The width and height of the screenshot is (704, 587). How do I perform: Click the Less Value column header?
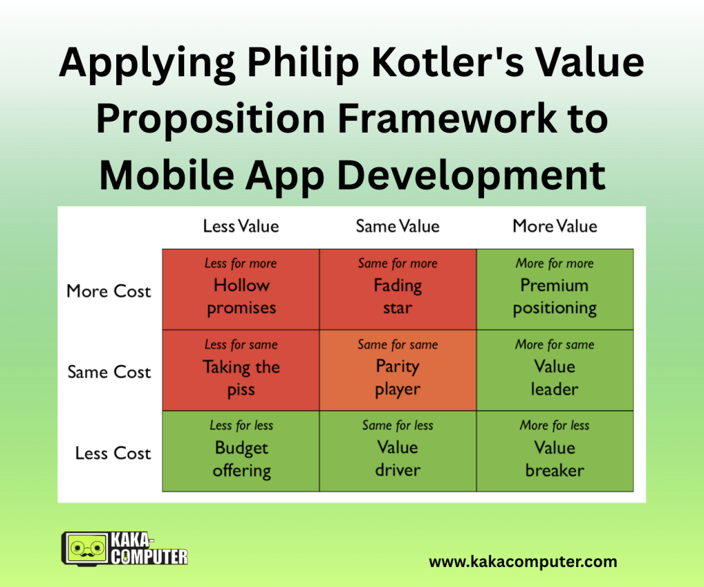pyautogui.click(x=241, y=226)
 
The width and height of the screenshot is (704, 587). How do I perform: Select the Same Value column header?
pyautogui.click(x=398, y=226)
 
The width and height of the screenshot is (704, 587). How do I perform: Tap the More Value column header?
pyautogui.click(x=555, y=226)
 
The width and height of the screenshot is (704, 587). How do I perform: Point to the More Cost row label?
pyautogui.click(x=109, y=291)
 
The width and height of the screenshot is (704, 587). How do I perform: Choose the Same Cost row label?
pyautogui.click(x=109, y=372)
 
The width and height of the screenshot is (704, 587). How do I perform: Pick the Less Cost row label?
pyautogui.click(x=113, y=453)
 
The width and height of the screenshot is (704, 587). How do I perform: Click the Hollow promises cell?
pyautogui.click(x=241, y=289)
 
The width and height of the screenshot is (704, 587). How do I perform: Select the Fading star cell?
pyautogui.click(x=398, y=289)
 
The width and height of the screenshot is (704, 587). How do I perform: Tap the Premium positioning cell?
pyautogui.click(x=555, y=289)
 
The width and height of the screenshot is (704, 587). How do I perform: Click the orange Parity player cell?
pyautogui.click(x=398, y=370)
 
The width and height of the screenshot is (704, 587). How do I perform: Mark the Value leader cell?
pyautogui.click(x=555, y=370)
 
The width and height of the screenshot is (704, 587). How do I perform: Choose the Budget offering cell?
pyautogui.click(x=241, y=451)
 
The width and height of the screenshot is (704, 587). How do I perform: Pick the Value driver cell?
pyautogui.click(x=398, y=451)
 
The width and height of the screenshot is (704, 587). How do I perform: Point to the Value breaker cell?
pyautogui.click(x=555, y=451)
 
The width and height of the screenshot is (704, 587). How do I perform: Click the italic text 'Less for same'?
pyautogui.click(x=241, y=344)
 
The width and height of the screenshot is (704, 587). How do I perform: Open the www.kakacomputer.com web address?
pyautogui.click(x=523, y=562)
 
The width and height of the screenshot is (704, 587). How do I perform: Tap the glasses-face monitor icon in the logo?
pyautogui.click(x=86, y=548)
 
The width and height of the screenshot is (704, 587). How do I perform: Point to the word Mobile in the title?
pyautogui.click(x=166, y=175)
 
